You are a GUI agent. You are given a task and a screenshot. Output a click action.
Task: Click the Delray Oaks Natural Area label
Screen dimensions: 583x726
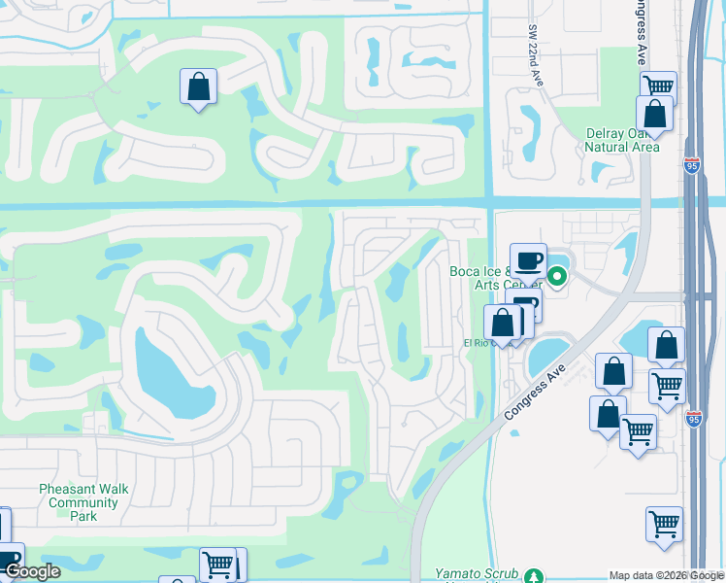click(622, 140)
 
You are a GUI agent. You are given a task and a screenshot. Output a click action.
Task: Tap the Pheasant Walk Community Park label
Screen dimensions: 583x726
click(82, 502)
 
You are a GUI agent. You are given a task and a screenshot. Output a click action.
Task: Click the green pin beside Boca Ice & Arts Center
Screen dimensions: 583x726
click(557, 277)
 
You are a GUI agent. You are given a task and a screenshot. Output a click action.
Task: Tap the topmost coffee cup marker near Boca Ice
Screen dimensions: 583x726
click(528, 260)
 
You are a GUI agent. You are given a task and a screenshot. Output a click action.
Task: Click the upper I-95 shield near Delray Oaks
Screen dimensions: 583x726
click(691, 166)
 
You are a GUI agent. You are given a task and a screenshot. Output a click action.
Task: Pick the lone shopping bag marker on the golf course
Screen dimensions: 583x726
click(198, 86)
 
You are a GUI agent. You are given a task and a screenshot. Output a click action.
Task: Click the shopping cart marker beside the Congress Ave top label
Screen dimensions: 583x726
click(658, 86)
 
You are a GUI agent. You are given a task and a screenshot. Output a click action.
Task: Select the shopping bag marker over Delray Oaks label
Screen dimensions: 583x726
click(654, 114)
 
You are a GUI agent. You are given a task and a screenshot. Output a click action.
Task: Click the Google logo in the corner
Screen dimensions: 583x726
click(31, 570)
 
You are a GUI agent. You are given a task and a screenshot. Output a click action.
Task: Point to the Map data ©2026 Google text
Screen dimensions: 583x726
click(666, 575)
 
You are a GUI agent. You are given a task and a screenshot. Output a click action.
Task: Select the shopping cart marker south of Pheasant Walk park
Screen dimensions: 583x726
click(217, 564)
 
